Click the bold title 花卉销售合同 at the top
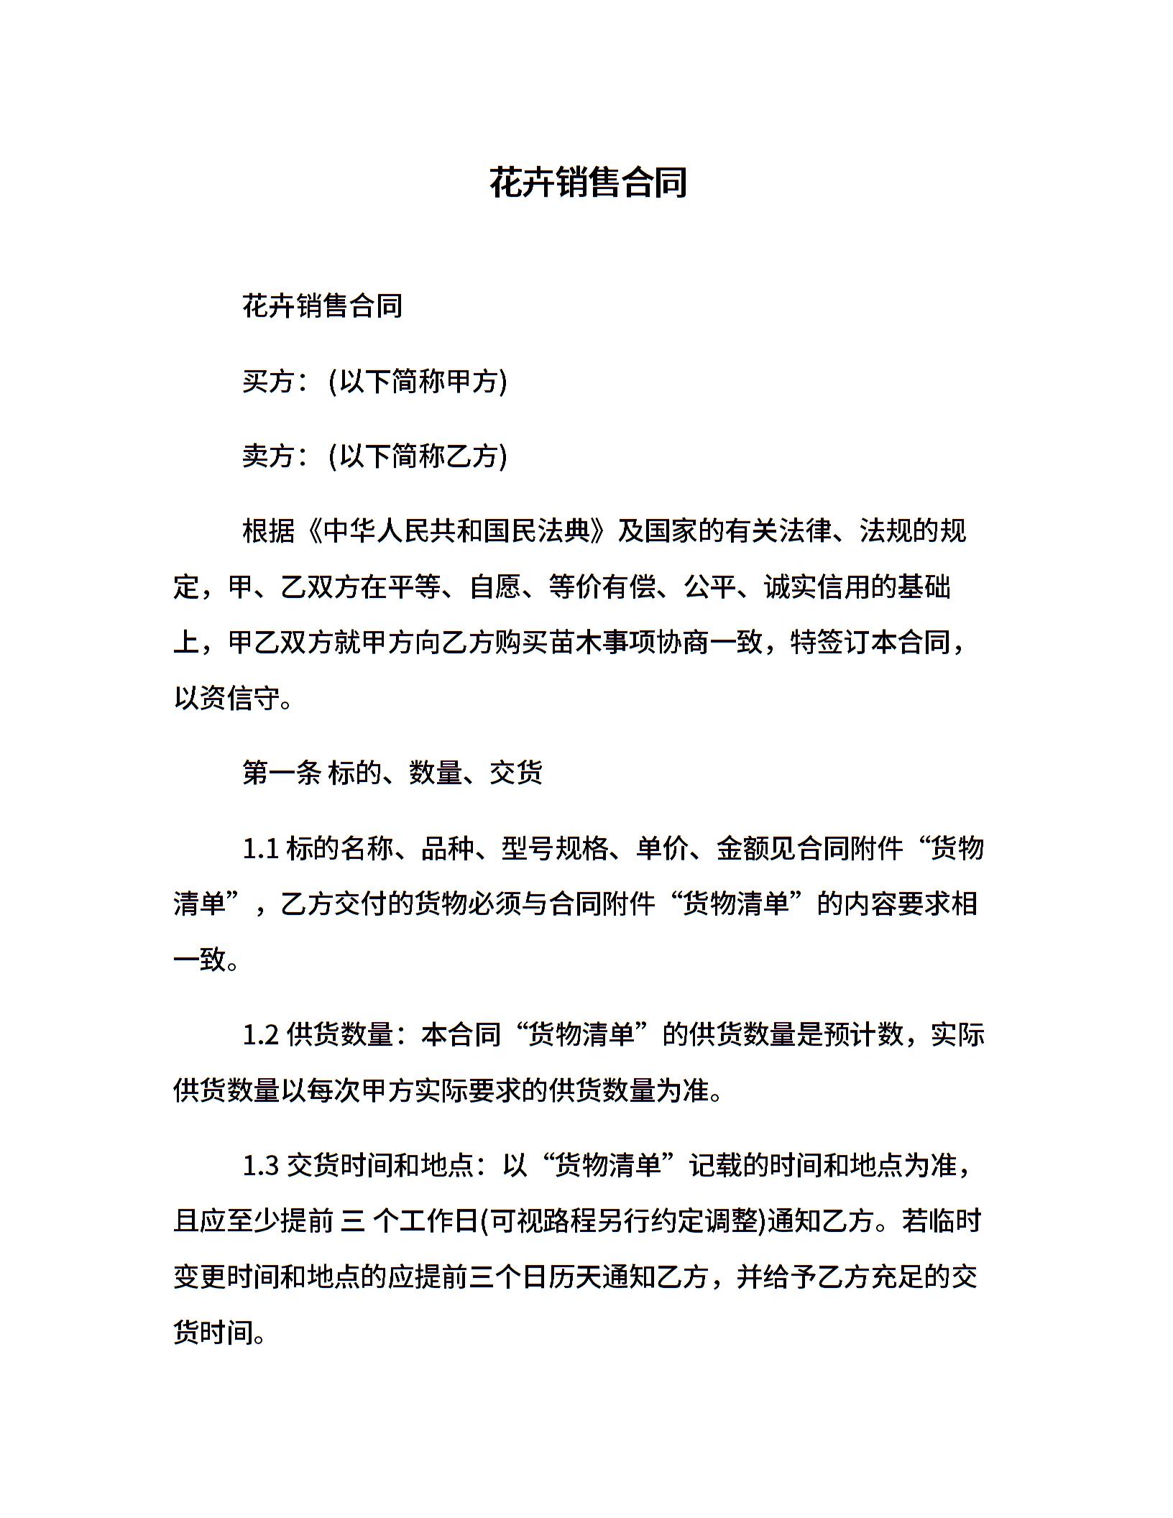(588, 183)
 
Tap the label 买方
(268, 381)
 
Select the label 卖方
(268, 456)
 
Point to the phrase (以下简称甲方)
(418, 381)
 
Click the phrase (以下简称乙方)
(418, 456)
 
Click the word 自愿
(494, 587)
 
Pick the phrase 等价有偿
(602, 587)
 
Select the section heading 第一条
(282, 773)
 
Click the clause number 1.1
(260, 849)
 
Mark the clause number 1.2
(260, 1036)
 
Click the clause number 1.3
(260, 1167)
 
